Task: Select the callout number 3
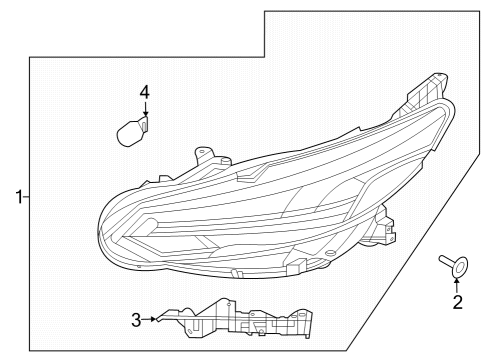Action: click(136, 320)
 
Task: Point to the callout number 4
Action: click(145, 93)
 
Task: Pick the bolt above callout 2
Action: click(451, 265)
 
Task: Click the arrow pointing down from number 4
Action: click(145, 112)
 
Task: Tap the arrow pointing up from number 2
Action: click(458, 284)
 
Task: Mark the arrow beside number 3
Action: click(153, 320)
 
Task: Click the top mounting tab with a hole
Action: click(208, 154)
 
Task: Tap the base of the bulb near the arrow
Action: click(143, 126)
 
